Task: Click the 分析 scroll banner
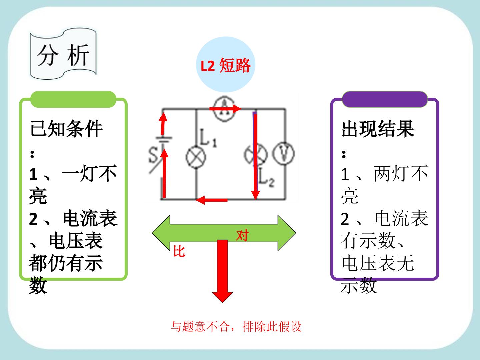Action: coord(63,54)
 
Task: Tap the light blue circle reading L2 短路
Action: coord(225,65)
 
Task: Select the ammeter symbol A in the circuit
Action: coord(224,109)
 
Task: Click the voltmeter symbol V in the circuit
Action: coord(283,153)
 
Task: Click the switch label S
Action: coord(153,155)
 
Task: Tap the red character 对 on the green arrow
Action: coord(243,235)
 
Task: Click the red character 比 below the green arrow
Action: coord(179,251)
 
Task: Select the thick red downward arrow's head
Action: coord(222,297)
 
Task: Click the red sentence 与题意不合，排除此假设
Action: coord(236,327)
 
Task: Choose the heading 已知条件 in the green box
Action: coord(66,129)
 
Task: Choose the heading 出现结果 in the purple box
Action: coord(378,129)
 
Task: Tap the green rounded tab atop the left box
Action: coord(73,99)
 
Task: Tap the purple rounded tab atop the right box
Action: coord(385,99)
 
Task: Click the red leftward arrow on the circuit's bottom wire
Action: coord(211,200)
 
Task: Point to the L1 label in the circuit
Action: coord(208,138)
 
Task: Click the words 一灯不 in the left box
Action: coord(89,174)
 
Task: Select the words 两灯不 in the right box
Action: coord(401,174)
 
